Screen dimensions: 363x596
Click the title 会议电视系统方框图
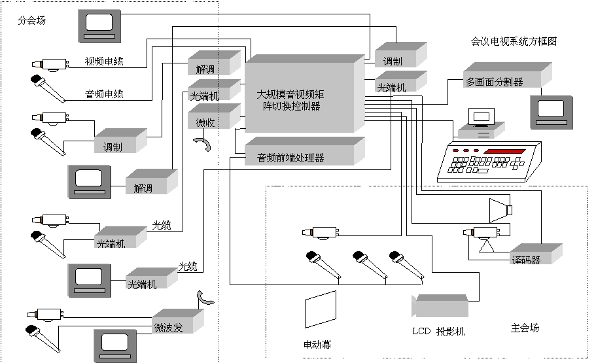coord(514,41)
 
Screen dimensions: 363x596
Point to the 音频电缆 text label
coord(104,94)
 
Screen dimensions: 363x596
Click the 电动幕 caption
coord(317,344)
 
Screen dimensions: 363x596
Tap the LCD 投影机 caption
coord(438,332)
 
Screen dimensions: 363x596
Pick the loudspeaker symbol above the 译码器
coord(500,209)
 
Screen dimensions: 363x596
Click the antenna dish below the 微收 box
coord(204,144)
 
